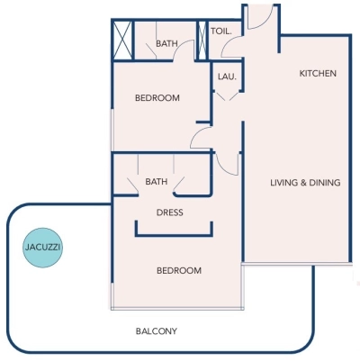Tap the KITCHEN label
(x=318, y=73)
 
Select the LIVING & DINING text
(x=305, y=183)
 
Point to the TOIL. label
(x=221, y=31)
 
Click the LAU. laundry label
(x=227, y=77)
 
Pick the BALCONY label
(x=157, y=331)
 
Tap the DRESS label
(x=169, y=213)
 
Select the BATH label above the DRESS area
(x=156, y=182)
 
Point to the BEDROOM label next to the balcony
(x=180, y=270)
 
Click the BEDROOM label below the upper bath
(x=157, y=98)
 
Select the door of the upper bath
(x=184, y=53)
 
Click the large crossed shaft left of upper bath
(x=122, y=41)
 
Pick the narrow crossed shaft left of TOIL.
(x=202, y=41)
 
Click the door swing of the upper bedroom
(x=202, y=137)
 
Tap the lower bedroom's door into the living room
(x=229, y=162)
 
